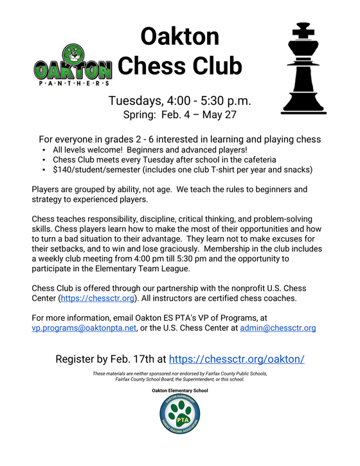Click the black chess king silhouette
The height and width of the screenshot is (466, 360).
[x=306, y=71]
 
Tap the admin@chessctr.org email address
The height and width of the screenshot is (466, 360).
[x=278, y=328]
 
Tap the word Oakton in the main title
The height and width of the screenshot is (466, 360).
[x=171, y=36]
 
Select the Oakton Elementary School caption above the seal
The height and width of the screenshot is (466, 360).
[x=180, y=390]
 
